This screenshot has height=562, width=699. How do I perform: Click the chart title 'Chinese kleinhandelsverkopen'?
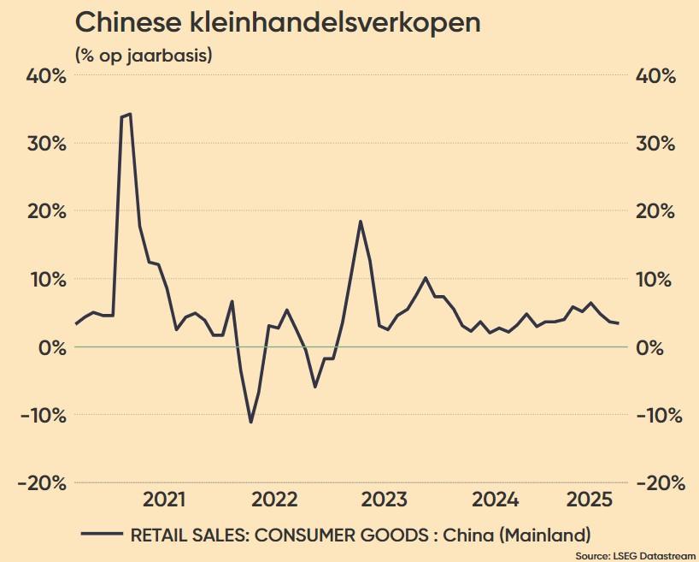[x=278, y=23]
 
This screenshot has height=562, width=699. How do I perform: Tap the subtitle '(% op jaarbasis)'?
[x=144, y=56]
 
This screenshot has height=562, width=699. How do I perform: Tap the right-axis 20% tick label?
[x=655, y=211]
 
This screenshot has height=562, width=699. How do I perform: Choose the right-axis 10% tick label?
[x=655, y=279]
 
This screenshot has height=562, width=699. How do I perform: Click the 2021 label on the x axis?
[x=165, y=500]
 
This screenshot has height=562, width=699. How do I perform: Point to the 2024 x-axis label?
[x=496, y=500]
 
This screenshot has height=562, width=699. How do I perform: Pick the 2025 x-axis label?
[x=589, y=500]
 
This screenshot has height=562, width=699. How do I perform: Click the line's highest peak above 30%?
[x=129, y=114]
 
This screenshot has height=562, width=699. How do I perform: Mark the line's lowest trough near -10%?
[x=250, y=422]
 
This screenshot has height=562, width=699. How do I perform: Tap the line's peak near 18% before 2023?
[x=361, y=222]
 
